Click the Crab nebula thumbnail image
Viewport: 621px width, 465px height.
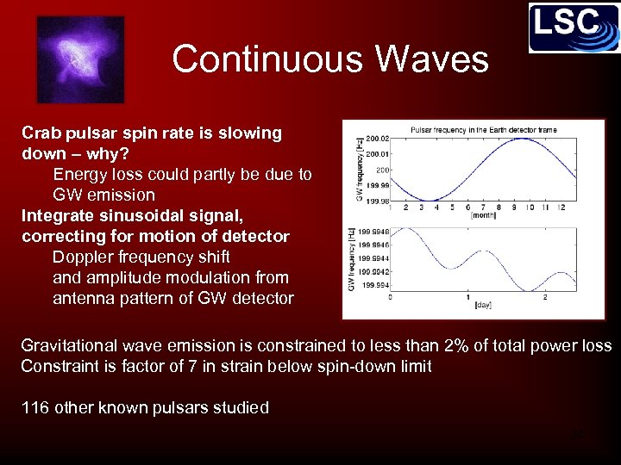click(80, 59)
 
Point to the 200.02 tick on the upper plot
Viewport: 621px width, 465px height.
click(378, 138)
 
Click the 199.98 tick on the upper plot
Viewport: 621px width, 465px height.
click(378, 201)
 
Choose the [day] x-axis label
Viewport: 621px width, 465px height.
click(484, 306)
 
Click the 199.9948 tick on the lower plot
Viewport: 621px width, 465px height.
click(374, 232)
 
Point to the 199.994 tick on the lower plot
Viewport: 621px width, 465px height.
click(376, 285)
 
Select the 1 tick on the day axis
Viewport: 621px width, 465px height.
click(467, 297)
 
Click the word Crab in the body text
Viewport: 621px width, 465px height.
click(40, 133)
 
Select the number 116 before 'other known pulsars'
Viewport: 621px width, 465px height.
click(35, 408)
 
